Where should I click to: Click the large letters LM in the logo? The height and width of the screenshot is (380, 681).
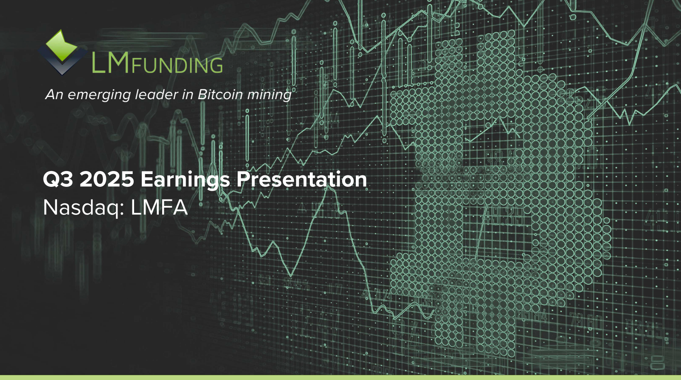point(110,63)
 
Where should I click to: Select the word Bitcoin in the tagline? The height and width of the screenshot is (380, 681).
point(220,94)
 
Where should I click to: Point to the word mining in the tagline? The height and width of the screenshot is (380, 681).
point(269,94)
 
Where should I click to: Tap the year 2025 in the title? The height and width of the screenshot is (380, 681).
point(107,179)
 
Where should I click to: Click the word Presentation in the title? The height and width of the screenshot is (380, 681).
point(301,179)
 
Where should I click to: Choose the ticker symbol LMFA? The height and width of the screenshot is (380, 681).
point(159,208)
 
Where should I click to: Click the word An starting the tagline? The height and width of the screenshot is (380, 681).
point(54,94)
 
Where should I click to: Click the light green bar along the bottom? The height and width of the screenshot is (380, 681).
point(340,377)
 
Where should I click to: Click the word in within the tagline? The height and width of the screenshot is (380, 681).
point(187,94)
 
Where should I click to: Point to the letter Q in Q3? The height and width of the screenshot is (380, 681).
point(52,180)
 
